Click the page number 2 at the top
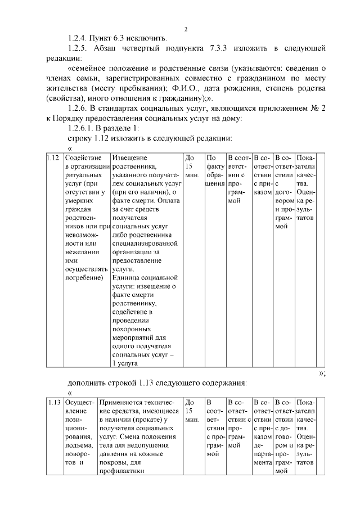pos(186,29)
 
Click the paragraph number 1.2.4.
pos(78,38)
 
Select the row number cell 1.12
pos(54,159)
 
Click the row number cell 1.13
pos(54,402)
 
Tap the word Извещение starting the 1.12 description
pos(130,159)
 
